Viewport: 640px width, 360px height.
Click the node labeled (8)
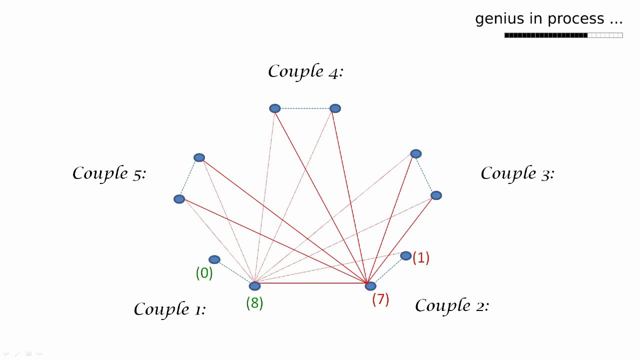(254, 286)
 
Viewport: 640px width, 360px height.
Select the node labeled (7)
(370, 286)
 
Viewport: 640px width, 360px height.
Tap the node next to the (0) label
(214, 259)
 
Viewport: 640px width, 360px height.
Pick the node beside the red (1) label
(405, 256)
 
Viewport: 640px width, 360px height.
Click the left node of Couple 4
(274, 108)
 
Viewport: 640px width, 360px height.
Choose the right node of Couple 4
(335, 108)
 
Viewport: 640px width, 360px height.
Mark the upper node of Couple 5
(199, 157)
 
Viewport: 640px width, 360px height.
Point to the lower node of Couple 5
(179, 199)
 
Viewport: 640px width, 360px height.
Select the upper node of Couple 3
(415, 154)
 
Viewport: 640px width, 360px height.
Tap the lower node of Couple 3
(436, 195)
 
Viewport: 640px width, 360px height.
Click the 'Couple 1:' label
(169, 309)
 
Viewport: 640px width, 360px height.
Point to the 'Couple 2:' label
(451, 305)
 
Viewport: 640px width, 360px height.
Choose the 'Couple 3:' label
(517, 173)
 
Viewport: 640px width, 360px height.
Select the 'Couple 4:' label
(305, 71)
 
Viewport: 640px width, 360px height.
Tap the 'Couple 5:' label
(109, 173)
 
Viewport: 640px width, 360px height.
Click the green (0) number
(204, 273)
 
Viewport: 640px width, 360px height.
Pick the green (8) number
(254, 303)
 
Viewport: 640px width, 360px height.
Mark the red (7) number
(380, 299)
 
